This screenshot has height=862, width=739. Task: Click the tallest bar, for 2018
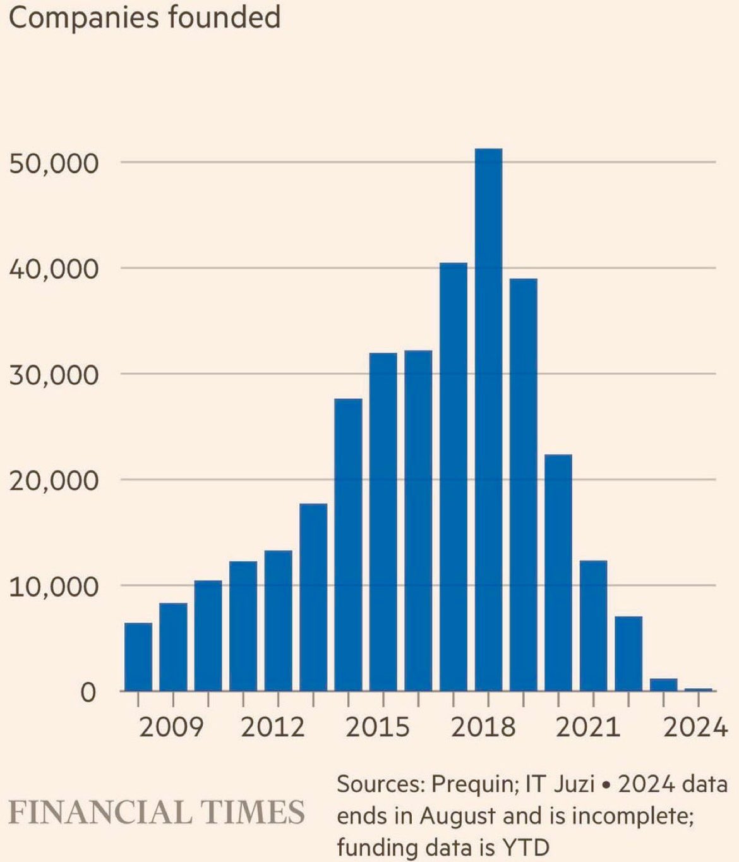[488, 420]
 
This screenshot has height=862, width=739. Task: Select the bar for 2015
[383, 521]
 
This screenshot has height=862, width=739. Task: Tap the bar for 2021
[593, 626]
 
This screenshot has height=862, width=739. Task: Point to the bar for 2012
[278, 621]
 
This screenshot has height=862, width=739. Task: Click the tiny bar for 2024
[698, 689]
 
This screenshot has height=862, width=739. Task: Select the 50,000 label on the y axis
[54, 164]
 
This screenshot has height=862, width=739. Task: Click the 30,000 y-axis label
[54, 375]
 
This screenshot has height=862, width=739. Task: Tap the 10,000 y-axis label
[54, 586]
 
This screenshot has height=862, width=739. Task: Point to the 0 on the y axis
[88, 693]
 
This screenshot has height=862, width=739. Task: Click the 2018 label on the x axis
[483, 727]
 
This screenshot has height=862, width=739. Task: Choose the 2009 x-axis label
[171, 727]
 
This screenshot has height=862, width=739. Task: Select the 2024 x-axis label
[695, 727]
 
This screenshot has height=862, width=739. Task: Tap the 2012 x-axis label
[273, 727]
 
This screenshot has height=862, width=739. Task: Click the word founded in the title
[224, 16]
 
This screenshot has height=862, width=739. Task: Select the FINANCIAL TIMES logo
[157, 812]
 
